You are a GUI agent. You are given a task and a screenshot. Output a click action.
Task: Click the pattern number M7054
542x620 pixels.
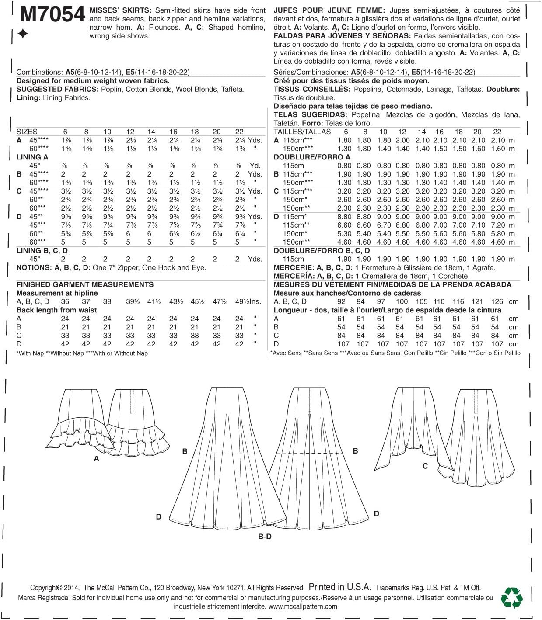pos(52,15)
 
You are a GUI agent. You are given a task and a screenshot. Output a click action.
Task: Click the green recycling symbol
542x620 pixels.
pos(512,597)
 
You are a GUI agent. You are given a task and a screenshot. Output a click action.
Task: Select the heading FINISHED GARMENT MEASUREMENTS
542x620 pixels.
pos(85,284)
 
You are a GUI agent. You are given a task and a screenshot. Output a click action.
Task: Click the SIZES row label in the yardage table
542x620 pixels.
pos(27,132)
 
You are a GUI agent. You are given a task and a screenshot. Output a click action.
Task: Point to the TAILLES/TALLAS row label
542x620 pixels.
pos(302,132)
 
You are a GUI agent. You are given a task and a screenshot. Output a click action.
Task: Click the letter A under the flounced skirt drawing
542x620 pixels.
pos(97,459)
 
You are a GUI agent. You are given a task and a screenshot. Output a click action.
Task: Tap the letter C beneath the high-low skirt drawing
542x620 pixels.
pos(425,466)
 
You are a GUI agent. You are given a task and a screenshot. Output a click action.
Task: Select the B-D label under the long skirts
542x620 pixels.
pos(265,536)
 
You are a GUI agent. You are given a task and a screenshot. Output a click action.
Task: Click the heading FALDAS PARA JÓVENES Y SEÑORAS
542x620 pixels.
pos(342,36)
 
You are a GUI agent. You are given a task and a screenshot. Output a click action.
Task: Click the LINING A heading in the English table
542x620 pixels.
pos(32,157)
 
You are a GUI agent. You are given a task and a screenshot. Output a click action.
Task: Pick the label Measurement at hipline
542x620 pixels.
pos(57,293)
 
